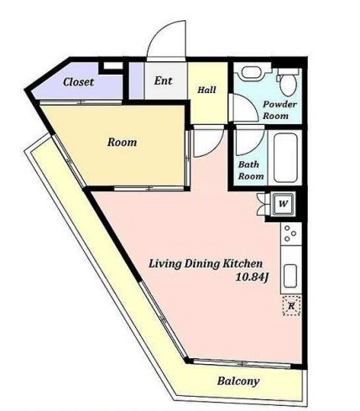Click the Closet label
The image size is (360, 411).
[78, 82]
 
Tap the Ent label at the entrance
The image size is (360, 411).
[163, 81]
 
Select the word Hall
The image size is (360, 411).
[206, 90]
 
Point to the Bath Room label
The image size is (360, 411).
[251, 170]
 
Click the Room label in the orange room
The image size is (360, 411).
[123, 142]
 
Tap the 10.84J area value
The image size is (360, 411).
[253, 277]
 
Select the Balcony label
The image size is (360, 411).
[238, 382]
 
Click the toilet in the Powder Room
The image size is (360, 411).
[288, 81]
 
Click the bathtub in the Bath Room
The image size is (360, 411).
[285, 158]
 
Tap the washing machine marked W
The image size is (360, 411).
[284, 204]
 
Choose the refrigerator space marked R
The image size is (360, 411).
[291, 305]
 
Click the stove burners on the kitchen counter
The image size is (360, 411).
[290, 234]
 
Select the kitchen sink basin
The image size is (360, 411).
[290, 276]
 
